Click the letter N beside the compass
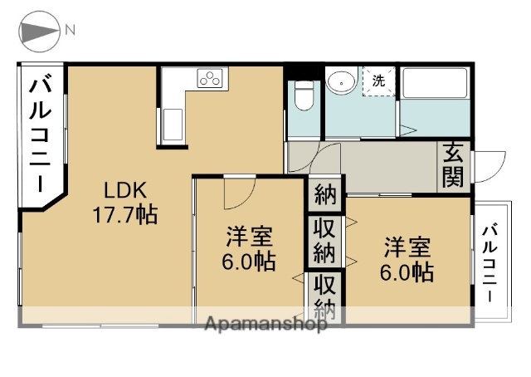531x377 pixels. coord(71,31)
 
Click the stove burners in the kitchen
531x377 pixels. coord(211,80)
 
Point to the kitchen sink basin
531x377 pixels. coord(173,125)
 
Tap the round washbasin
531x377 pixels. coord(341,82)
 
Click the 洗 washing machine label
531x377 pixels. coord(378,81)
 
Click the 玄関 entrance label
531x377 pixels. coord(453,165)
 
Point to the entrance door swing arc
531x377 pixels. coord(490,164)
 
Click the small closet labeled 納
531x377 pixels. coord(325,196)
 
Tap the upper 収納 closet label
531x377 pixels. coord(324,240)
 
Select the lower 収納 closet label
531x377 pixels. coord(324,296)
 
